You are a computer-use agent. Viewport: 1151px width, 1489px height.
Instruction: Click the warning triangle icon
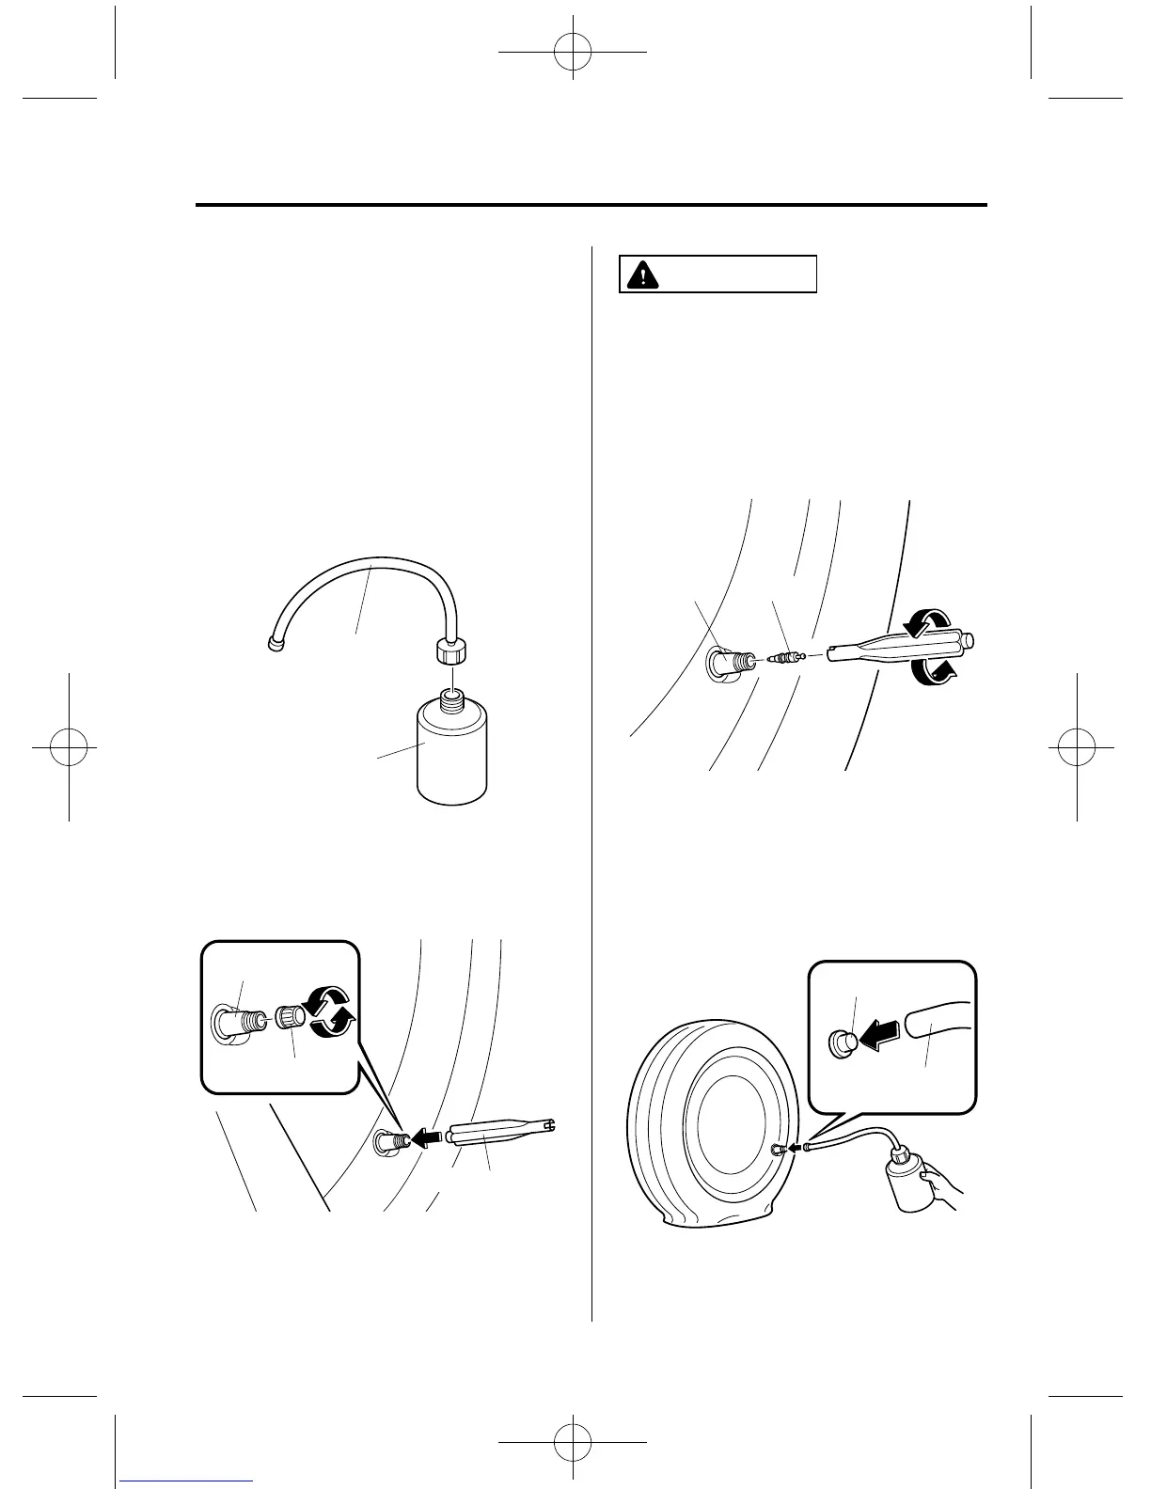pyautogui.click(x=643, y=274)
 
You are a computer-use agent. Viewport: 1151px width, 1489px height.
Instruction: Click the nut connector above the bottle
pyautogui.click(x=451, y=651)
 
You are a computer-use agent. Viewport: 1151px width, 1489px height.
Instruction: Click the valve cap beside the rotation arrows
pyautogui.click(x=289, y=1018)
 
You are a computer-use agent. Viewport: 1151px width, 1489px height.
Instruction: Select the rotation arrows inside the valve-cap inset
pyautogui.click(x=331, y=1012)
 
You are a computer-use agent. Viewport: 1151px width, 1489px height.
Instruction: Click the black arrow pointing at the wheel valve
pyautogui.click(x=428, y=1137)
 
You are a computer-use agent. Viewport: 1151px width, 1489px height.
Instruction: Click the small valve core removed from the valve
pyautogui.click(x=784, y=656)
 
